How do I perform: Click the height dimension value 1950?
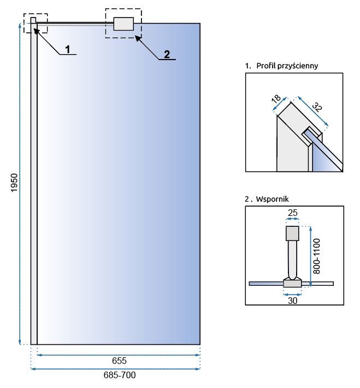click(15, 183)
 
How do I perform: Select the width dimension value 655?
click(119, 361)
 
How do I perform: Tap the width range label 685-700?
click(119, 376)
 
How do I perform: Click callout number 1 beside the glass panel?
click(68, 50)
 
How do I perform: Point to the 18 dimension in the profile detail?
click(276, 101)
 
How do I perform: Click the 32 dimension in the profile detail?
click(317, 107)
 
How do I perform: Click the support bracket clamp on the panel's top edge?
click(123, 23)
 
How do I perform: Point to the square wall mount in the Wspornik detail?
click(293, 233)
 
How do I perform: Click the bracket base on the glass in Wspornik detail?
click(292, 283)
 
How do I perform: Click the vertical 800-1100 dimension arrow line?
click(310, 256)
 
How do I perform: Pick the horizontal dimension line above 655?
click(119, 355)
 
